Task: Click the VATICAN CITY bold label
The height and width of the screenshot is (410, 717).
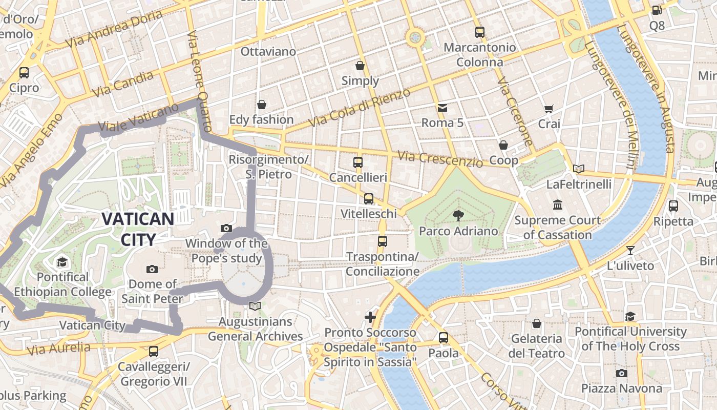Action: point(138,229)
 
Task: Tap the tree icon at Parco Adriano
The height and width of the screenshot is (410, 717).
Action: point(458,215)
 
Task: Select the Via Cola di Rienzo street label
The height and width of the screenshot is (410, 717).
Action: point(360,108)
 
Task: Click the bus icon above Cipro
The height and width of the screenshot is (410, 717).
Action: point(24,72)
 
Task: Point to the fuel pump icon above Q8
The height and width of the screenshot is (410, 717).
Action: point(657,10)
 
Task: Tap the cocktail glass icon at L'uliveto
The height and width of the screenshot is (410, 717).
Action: point(630,251)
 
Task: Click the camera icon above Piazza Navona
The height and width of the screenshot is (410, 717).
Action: point(621,373)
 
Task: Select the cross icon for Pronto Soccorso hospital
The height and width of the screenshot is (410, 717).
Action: point(370,317)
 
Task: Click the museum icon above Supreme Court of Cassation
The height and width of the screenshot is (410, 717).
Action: point(557,205)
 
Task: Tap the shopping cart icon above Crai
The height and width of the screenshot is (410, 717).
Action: point(549,109)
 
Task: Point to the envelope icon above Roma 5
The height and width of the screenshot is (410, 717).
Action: point(442,108)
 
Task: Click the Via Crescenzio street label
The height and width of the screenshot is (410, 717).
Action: point(440,159)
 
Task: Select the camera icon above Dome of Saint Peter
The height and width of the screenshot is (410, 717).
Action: point(152,269)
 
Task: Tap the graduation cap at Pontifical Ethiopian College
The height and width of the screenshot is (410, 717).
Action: point(62,262)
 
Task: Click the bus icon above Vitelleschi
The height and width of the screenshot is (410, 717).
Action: point(368,199)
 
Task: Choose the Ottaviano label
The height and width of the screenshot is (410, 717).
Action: point(268,52)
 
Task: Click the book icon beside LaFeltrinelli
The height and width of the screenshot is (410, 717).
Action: point(579,169)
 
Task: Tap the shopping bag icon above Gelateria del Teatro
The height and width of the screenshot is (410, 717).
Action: point(536,323)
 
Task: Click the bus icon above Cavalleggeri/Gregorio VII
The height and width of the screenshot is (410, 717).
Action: point(153,352)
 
